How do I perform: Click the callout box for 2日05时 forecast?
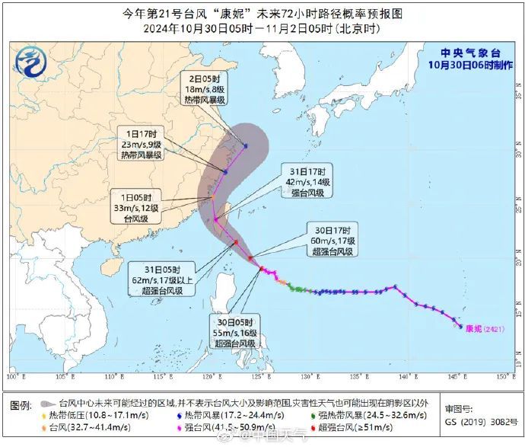pos(207,88)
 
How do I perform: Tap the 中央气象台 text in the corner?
pos(469,53)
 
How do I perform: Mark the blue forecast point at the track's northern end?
pos(246,145)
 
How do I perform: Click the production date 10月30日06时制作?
pos(469,65)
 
